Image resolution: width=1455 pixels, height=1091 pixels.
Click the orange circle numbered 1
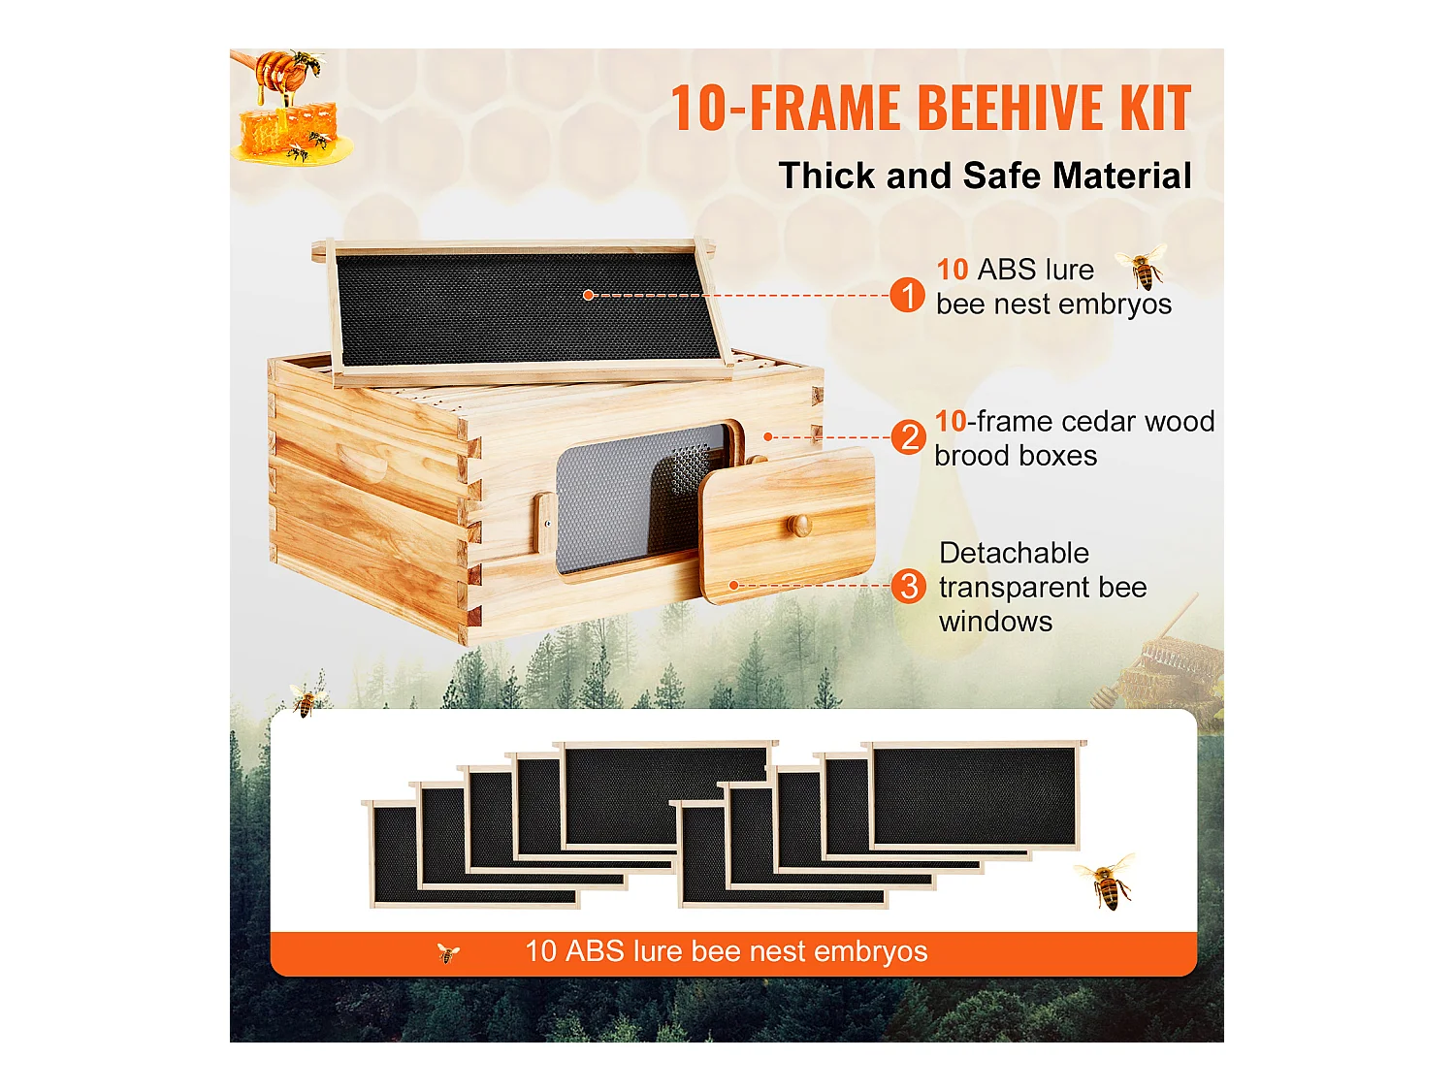pos(907,296)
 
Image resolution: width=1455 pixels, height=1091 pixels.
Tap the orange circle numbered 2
pos(908,438)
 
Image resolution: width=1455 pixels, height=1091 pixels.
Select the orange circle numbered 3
pos(908,587)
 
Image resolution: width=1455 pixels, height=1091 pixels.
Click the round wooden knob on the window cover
pos(798,526)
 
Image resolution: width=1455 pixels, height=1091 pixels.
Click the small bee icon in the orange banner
pos(448,953)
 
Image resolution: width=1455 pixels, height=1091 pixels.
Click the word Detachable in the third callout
pos(1015,553)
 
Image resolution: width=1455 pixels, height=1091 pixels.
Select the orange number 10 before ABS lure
pos(953,271)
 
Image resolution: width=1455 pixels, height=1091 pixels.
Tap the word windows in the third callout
pos(995,622)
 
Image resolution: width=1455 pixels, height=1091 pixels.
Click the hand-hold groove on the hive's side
pos(362,463)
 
